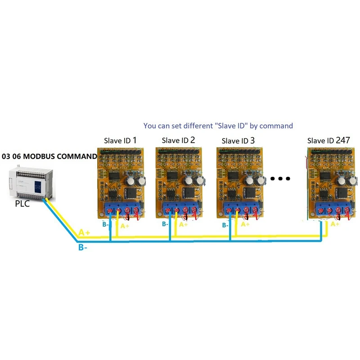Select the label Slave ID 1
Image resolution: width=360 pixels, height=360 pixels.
click(x=120, y=141)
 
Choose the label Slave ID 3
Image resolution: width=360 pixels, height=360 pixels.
click(x=238, y=141)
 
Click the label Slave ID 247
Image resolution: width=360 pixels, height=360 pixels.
click(x=328, y=141)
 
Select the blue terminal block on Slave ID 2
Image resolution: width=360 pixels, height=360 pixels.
click(x=181, y=210)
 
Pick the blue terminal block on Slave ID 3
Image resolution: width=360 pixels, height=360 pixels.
click(x=241, y=210)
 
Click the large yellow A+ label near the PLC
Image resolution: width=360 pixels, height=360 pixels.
click(x=84, y=233)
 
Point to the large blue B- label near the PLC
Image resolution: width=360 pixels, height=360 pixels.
click(x=82, y=247)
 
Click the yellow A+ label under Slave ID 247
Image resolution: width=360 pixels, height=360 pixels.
click(x=334, y=224)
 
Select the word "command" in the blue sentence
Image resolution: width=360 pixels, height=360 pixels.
click(x=276, y=126)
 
